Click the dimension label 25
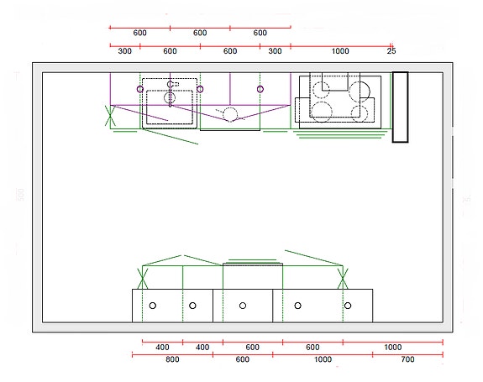tap(391, 51)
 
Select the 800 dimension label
tap(172, 359)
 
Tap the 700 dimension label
tap(407, 359)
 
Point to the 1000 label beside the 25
tap(340, 51)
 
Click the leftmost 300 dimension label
tap(125, 51)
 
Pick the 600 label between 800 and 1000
tap(243, 359)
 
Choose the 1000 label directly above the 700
tap(393, 348)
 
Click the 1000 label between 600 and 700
tap(323, 359)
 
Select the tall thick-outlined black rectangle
tap(400, 107)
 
